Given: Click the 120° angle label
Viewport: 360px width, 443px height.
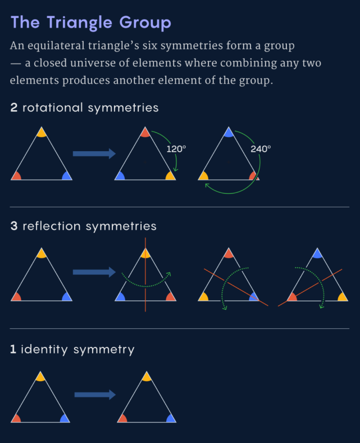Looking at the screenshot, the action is pos(176,149).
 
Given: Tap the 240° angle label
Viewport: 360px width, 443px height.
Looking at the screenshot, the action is pos(261,149).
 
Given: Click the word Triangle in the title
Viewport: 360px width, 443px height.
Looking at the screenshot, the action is pos(79,22).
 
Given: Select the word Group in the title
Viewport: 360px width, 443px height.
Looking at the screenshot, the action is pos(145,22).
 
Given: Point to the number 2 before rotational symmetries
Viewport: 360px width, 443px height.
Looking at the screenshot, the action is pos(14,107).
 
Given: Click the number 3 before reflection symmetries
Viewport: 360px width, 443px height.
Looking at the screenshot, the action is pos(14,226).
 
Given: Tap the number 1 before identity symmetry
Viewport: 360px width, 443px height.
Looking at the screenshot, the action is pos(13,349).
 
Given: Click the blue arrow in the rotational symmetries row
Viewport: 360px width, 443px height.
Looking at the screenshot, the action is pos(94,153).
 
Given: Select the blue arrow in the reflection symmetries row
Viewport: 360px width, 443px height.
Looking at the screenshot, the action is pos(94,272).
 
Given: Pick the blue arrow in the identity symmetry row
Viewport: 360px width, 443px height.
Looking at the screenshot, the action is pos(95,395).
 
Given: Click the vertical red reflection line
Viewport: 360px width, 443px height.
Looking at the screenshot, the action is pos(145,274).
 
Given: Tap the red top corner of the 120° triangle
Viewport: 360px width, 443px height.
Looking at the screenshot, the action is pos(145,133).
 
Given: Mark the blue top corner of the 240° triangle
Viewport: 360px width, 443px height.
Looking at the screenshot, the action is pos(229,133).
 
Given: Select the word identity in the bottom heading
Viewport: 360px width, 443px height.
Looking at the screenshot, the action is pos(44,349).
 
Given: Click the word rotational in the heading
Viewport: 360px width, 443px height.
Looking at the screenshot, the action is pos(53,107).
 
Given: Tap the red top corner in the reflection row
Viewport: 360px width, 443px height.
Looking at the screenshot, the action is pos(229,254).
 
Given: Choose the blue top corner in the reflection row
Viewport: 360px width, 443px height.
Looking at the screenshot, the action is pos(317,254).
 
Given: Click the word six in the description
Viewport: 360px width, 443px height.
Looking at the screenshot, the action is pos(149,46).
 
